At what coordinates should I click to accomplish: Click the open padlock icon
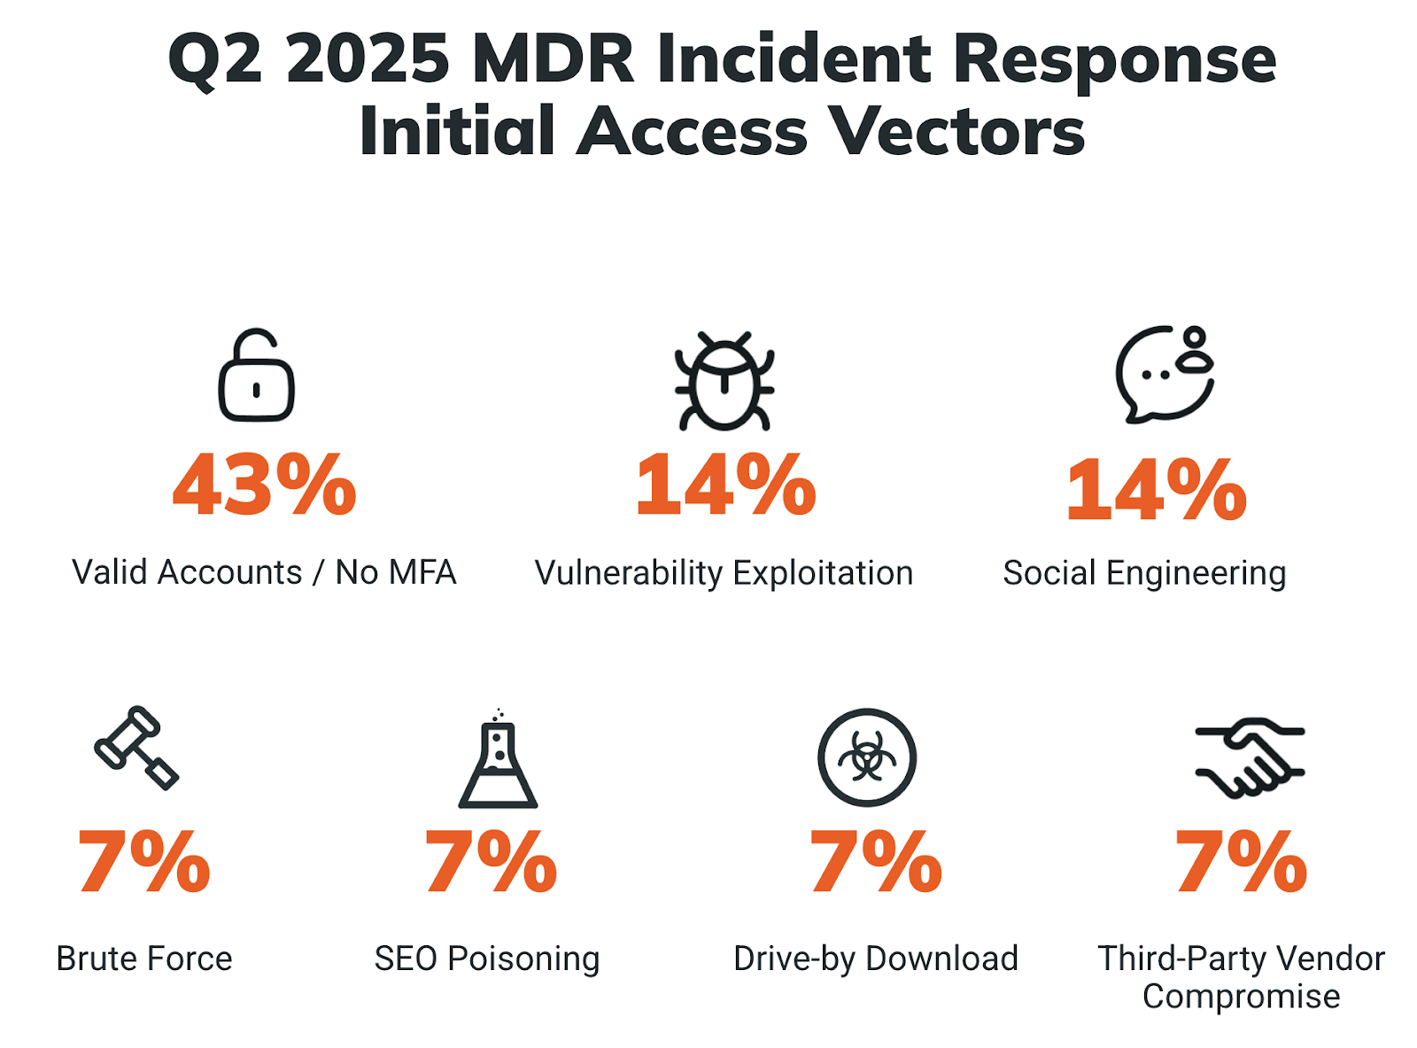[256, 377]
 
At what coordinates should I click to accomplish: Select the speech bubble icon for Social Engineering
[1163, 375]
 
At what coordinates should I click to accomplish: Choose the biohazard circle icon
[866, 757]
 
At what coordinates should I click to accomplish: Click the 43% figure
[264, 485]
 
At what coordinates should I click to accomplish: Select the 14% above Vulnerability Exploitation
[725, 485]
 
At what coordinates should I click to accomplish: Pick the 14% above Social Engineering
[1156, 490]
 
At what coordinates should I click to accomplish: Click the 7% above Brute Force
[143, 862]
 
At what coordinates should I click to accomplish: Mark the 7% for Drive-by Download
[875, 862]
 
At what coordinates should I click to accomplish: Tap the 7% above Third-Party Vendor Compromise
[1240, 862]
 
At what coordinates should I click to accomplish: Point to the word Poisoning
[523, 959]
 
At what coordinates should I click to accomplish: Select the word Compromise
[1241, 997]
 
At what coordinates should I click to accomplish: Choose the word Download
[941, 959]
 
